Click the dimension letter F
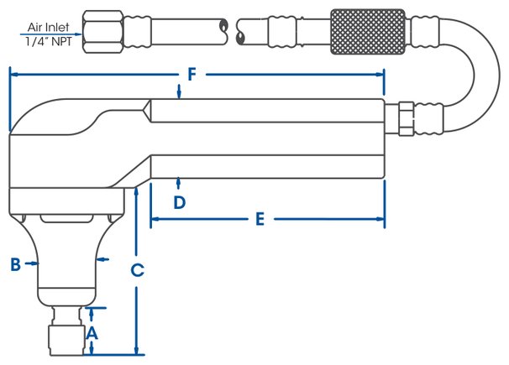192,74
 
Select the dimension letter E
260,219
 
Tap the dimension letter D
180,202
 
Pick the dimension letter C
137,270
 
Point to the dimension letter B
16,263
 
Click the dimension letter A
92,333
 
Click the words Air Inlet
49,27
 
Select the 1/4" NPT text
49,41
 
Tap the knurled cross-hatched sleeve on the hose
368,32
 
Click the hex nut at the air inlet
103,32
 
